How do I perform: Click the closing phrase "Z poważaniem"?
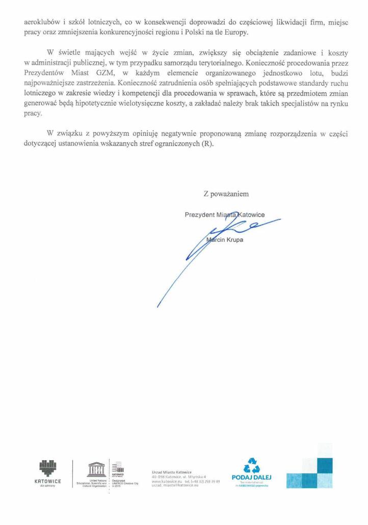coord(226,193)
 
